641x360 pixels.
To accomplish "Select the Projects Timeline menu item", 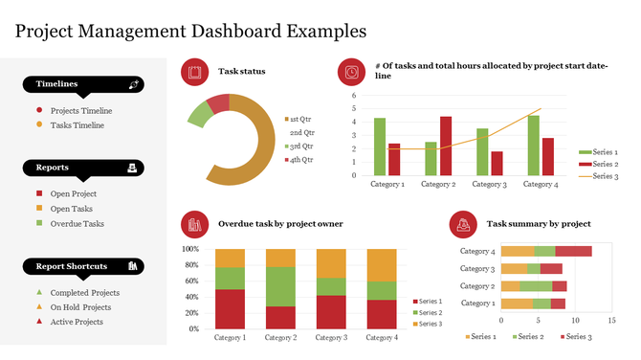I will (x=80, y=110).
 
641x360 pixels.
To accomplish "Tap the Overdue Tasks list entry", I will (x=77, y=223).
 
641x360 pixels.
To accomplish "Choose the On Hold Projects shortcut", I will (x=80, y=307).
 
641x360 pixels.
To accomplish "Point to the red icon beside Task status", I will (x=194, y=72).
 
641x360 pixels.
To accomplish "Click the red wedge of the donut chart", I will (x=219, y=103).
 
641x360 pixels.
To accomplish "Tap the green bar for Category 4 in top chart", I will (x=533, y=145).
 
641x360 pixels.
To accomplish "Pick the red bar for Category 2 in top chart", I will (x=446, y=146).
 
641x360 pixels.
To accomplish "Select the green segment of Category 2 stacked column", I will (x=280, y=286).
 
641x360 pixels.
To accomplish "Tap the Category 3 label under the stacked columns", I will (x=330, y=337).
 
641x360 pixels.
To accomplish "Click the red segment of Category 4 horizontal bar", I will (x=574, y=251).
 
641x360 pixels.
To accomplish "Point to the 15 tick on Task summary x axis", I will (x=611, y=320).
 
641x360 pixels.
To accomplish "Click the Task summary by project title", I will (x=539, y=223).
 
